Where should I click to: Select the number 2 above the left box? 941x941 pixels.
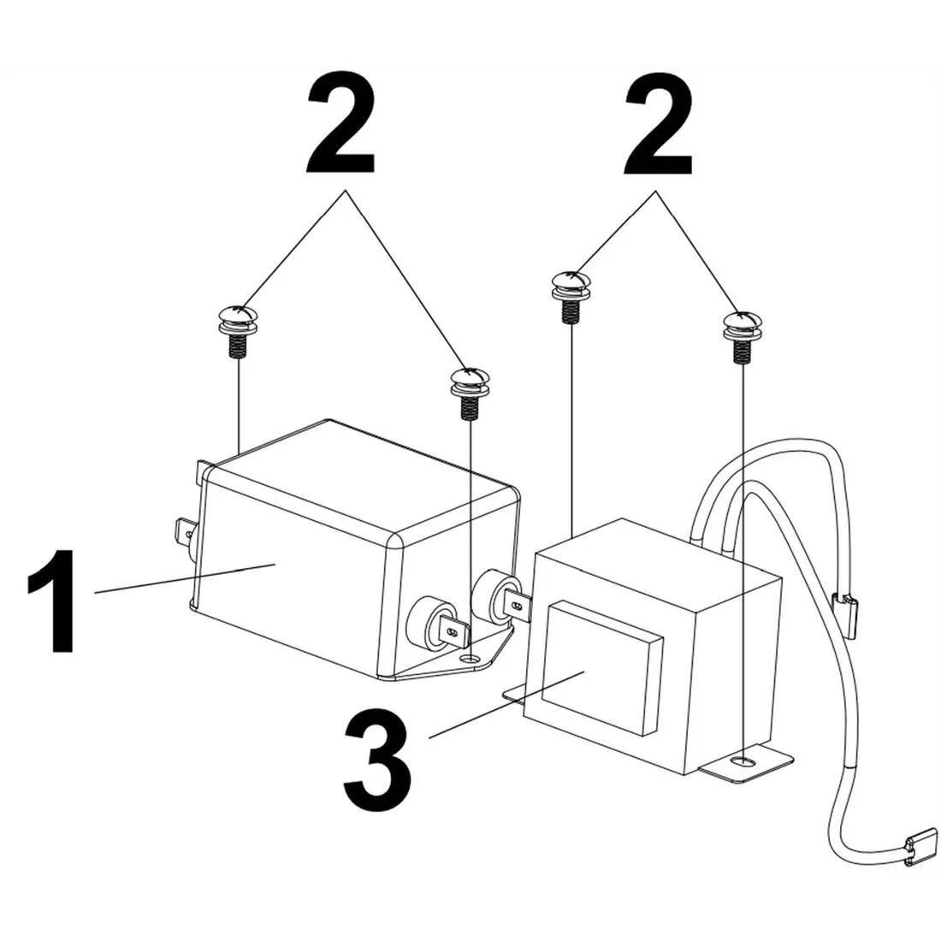click(340, 126)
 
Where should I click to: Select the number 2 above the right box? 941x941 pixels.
click(658, 126)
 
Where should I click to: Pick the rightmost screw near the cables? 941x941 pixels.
click(741, 334)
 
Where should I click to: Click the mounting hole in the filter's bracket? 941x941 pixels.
click(470, 660)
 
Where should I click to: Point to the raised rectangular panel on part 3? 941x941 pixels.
click(602, 668)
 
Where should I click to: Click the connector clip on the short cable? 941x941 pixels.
click(849, 611)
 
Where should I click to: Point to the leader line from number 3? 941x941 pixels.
click(505, 706)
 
